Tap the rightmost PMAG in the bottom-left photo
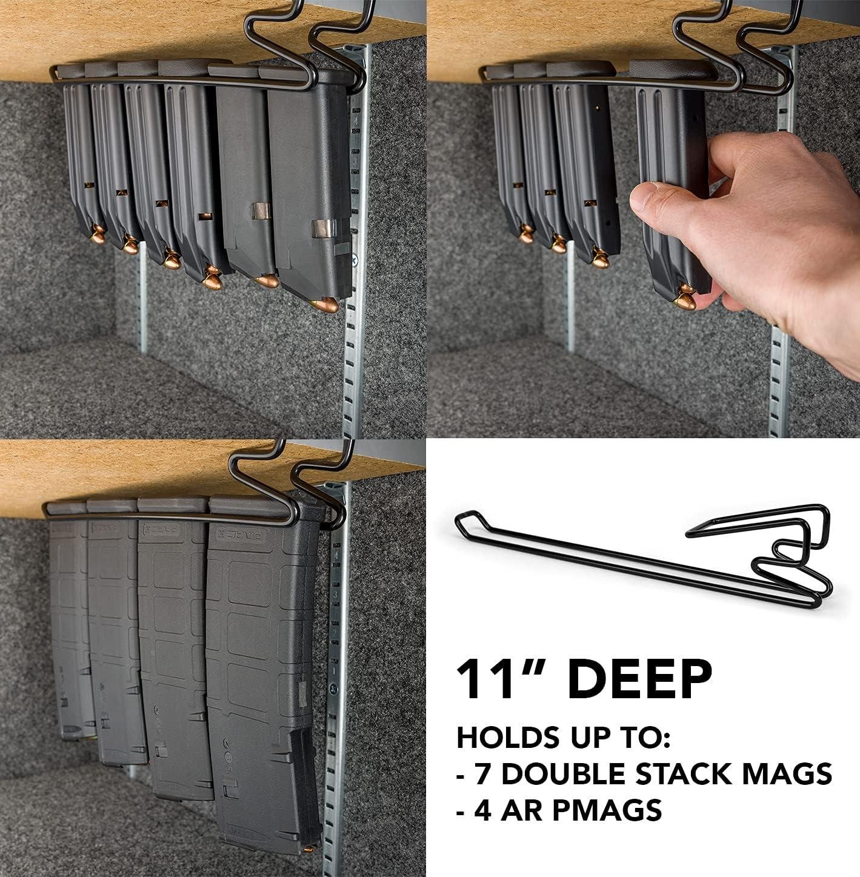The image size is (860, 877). [261, 667]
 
